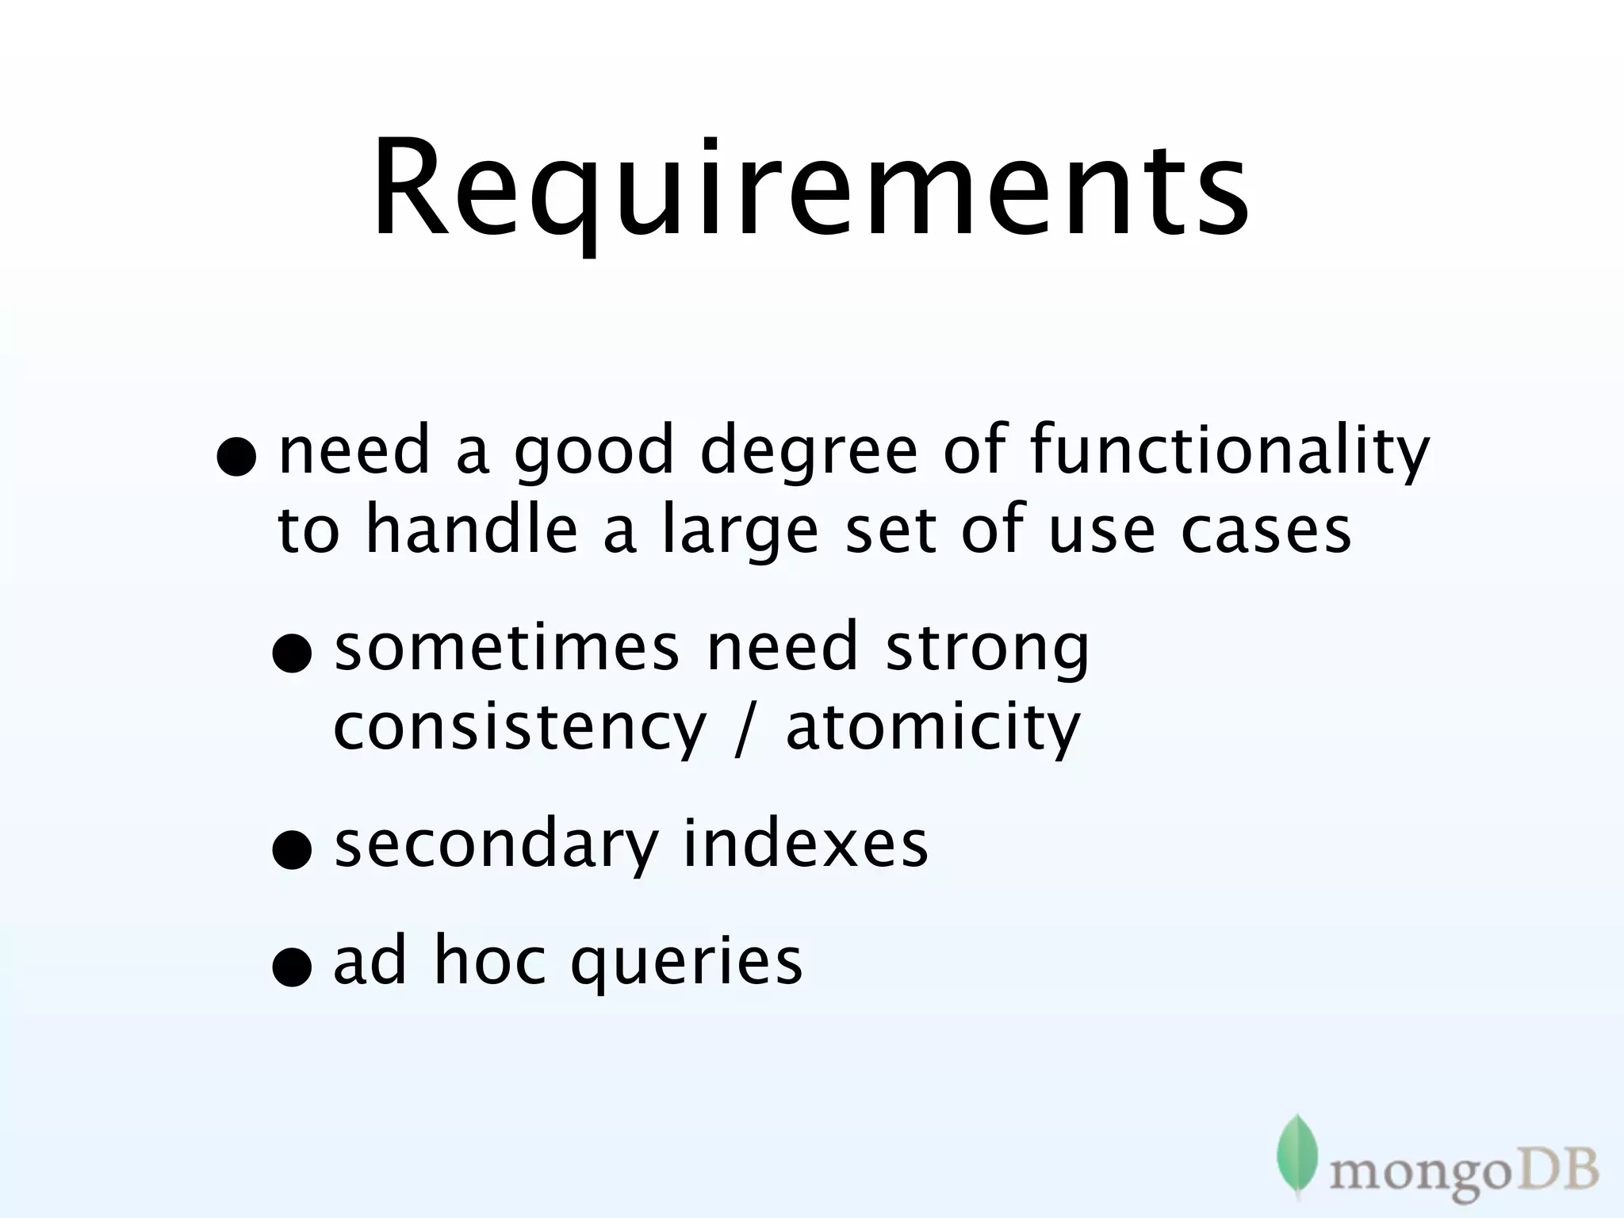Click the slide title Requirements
coord(810,190)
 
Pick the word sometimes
coord(507,647)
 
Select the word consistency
coord(519,728)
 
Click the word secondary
coord(496,845)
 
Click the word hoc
coord(490,961)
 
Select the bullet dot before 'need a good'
coord(237,460)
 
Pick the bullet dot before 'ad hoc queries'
coord(290,969)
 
